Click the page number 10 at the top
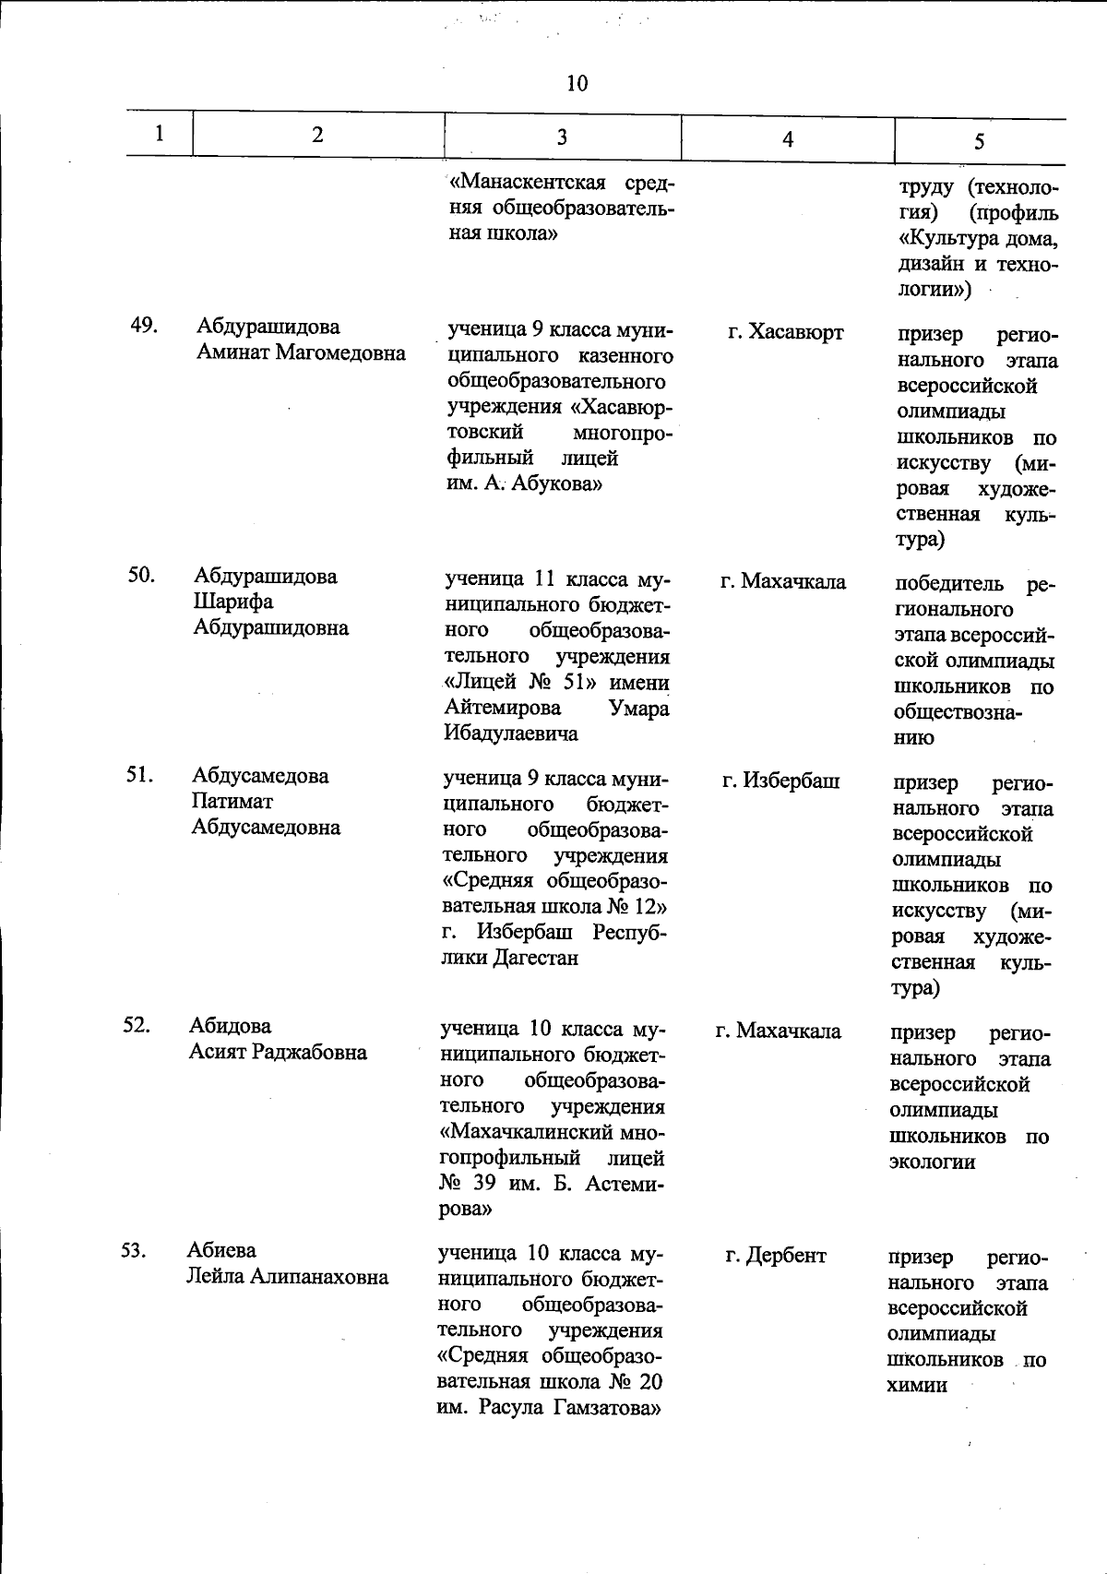pyautogui.click(x=577, y=84)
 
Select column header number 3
pyautogui.click(x=562, y=137)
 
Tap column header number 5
pyautogui.click(x=979, y=141)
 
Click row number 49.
pyautogui.click(x=143, y=326)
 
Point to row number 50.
pyautogui.click(x=141, y=575)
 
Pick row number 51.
pyautogui.click(x=139, y=774)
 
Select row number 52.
pyautogui.click(x=137, y=1025)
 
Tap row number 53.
pyautogui.click(x=135, y=1250)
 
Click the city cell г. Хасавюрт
pyautogui.click(x=785, y=332)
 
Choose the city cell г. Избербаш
pyautogui.click(x=781, y=781)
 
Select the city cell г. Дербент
pyautogui.click(x=776, y=1256)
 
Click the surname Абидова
pyautogui.click(x=231, y=1026)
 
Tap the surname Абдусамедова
pyautogui.click(x=261, y=776)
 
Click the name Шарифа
pyautogui.click(x=233, y=602)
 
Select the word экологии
pyautogui.click(x=932, y=1163)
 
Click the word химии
pyautogui.click(x=917, y=1386)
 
